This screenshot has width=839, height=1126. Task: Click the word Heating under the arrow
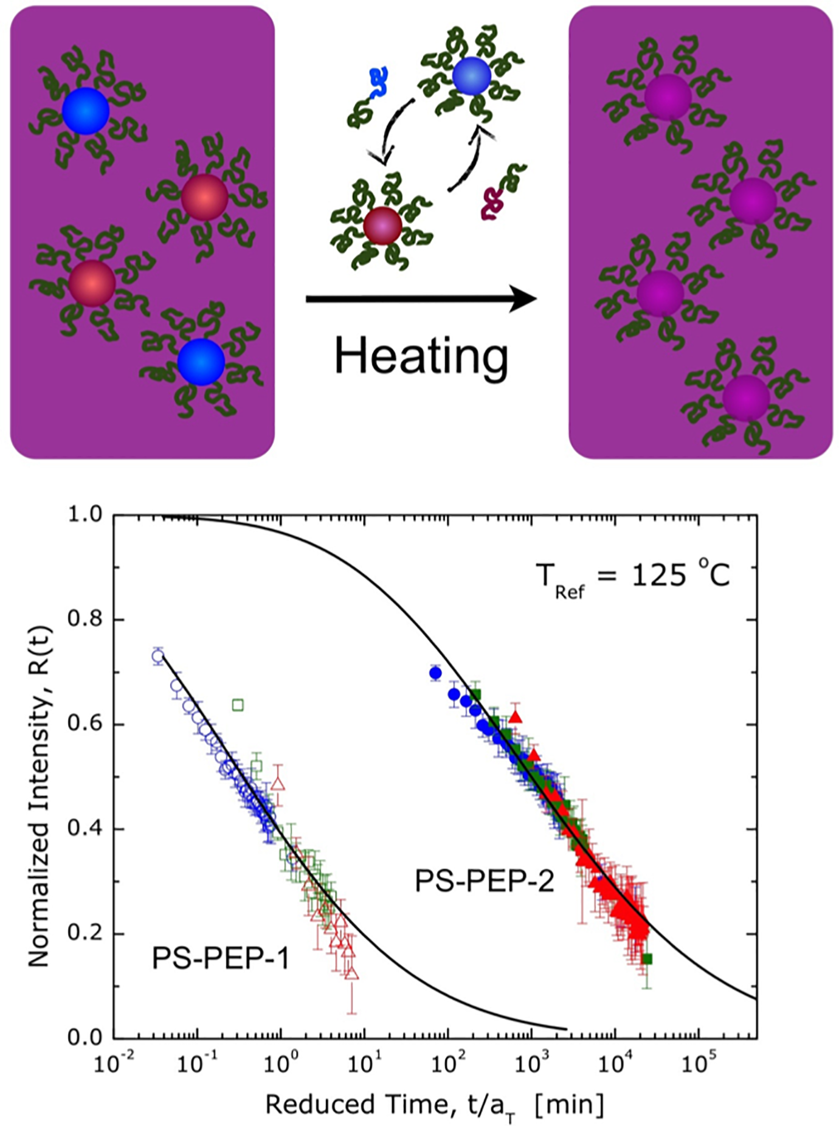click(x=421, y=357)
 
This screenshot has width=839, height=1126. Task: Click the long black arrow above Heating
click(x=421, y=299)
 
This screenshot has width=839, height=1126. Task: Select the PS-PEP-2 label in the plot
click(x=485, y=880)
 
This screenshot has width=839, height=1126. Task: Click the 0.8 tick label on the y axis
click(x=86, y=620)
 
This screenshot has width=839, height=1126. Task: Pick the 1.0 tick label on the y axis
click(x=86, y=515)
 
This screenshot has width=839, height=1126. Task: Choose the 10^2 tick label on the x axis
click(x=446, y=1063)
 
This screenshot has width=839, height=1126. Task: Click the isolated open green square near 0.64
click(x=238, y=705)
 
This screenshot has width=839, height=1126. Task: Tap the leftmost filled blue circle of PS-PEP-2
click(x=435, y=673)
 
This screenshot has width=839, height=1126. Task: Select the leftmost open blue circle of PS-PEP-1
click(x=158, y=657)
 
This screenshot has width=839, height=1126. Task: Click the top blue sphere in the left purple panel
click(x=86, y=111)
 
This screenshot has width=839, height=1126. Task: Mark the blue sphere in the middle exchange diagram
click(x=472, y=76)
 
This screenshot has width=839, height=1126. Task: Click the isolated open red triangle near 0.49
click(x=278, y=783)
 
